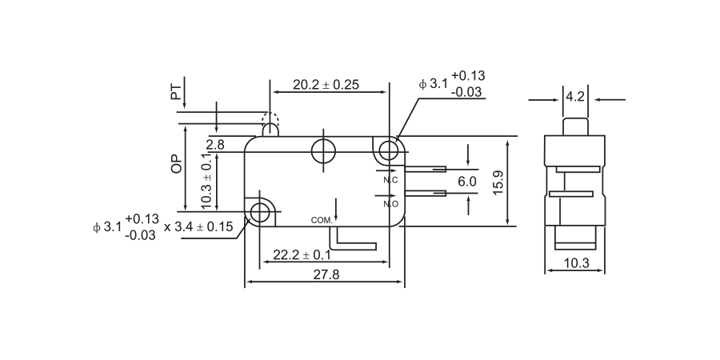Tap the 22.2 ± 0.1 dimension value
point(302,254)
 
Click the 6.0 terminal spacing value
point(467,182)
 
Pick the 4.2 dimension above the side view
point(575,97)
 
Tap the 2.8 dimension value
point(215,145)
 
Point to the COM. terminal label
point(321,219)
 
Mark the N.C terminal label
point(390,180)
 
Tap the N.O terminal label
point(391,204)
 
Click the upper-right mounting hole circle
point(389,150)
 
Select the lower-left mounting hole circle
point(261,212)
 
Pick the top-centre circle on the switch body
point(324,150)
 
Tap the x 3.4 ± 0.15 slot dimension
point(198,226)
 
